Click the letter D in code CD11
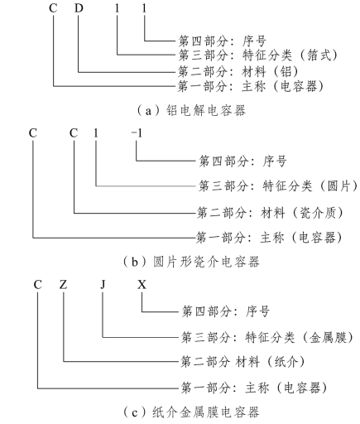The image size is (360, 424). [x=79, y=8]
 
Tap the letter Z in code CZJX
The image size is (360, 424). [x=63, y=284]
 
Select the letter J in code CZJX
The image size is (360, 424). [x=103, y=284]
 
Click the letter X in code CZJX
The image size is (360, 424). [x=142, y=284]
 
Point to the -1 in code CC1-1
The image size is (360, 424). [x=137, y=133]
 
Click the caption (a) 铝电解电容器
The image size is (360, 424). [x=191, y=111]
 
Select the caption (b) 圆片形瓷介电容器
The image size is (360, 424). [x=191, y=262]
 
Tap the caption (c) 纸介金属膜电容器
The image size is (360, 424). [x=191, y=412]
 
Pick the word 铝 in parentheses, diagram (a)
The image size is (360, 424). [x=286, y=72]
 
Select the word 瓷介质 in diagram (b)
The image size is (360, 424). [x=318, y=213]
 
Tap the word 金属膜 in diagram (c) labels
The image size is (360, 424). [x=328, y=337]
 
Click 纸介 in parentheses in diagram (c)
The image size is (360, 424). [x=286, y=362]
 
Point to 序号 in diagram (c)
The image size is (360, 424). [x=257, y=311]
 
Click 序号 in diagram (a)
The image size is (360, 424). [x=254, y=41]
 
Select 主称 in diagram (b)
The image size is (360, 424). [x=272, y=238]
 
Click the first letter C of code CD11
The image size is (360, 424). [x=53, y=8]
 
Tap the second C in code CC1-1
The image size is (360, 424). [x=74, y=133]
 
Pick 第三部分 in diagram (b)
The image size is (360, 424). [x=223, y=186]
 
